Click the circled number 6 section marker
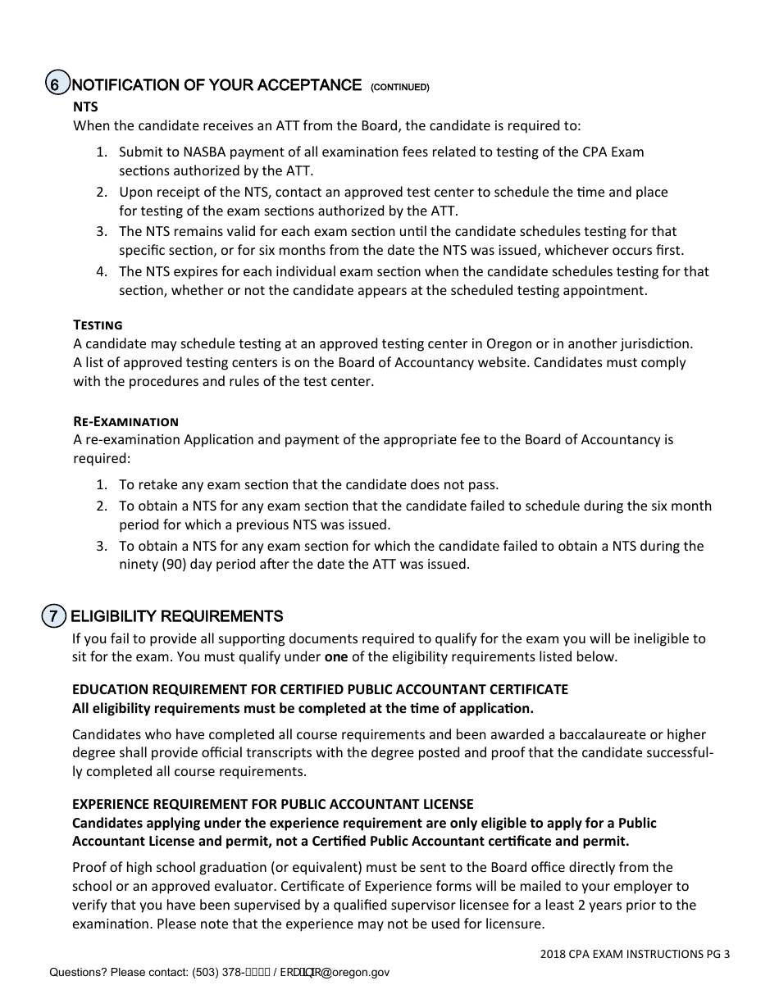click(55, 85)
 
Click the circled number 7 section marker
click(53, 616)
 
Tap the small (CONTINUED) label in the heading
click(400, 87)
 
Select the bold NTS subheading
click(85, 107)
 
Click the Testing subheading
click(98, 325)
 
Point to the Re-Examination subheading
click(125, 421)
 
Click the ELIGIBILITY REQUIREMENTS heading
click(177, 616)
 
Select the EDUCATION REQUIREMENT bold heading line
click(320, 689)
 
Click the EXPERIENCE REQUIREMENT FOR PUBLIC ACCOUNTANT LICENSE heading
click(273, 804)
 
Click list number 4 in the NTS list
click(101, 271)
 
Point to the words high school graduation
click(185, 867)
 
